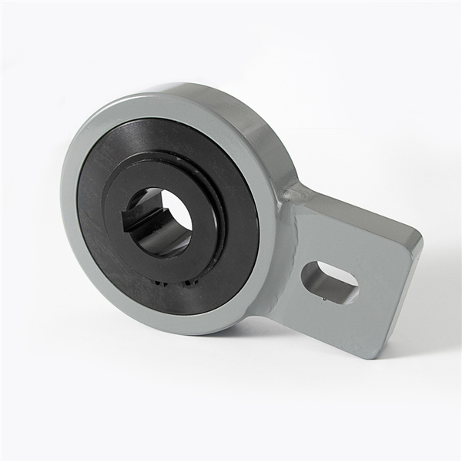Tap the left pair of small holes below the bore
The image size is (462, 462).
159,283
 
